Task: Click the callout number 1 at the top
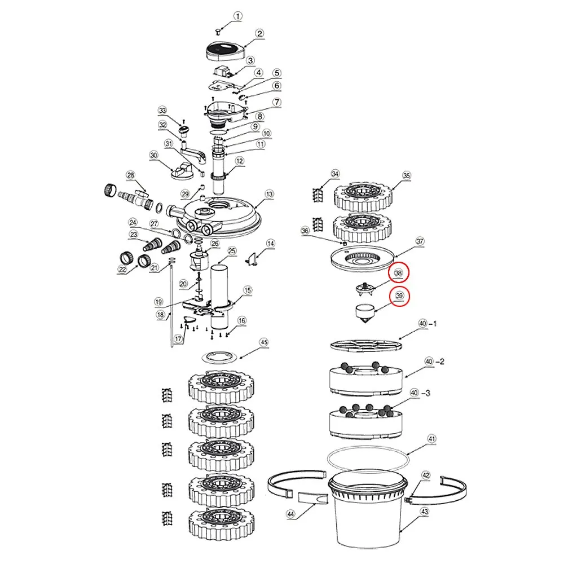click(x=237, y=16)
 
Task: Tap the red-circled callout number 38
click(x=399, y=273)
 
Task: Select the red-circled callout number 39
click(x=399, y=296)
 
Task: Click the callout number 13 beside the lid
click(x=270, y=194)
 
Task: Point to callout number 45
click(x=264, y=342)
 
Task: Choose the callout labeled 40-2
click(x=434, y=361)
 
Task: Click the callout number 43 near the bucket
click(x=425, y=512)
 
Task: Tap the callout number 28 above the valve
click(x=131, y=175)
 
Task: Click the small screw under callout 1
click(x=218, y=33)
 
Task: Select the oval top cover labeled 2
click(x=226, y=52)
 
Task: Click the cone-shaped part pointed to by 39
click(x=364, y=313)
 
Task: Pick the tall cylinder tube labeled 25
click(x=219, y=297)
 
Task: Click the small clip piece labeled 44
click(x=313, y=499)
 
